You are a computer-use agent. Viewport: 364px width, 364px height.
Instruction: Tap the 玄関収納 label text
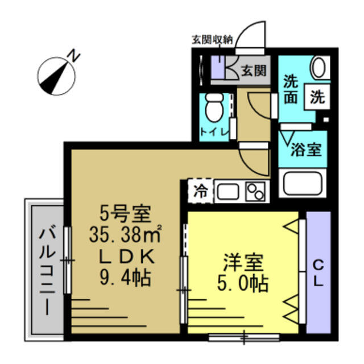[x=212, y=40]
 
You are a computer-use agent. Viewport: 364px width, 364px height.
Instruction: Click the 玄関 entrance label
[x=253, y=71]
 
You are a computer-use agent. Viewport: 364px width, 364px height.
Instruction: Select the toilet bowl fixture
[x=214, y=107]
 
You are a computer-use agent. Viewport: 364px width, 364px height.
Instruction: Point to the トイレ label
[x=214, y=133]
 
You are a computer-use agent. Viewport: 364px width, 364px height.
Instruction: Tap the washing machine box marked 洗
[x=317, y=97]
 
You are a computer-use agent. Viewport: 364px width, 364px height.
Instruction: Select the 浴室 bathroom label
[x=306, y=151]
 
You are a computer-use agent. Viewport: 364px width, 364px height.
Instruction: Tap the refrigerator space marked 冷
[x=200, y=191]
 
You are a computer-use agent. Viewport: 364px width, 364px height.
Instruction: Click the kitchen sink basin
[x=227, y=191]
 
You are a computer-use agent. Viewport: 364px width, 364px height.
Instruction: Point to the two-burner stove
[x=257, y=191]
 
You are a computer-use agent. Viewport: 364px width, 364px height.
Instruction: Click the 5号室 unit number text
[x=125, y=214]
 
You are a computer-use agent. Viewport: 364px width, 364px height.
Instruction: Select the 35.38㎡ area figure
[x=126, y=233]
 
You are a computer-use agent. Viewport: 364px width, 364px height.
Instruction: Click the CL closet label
[x=318, y=273]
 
